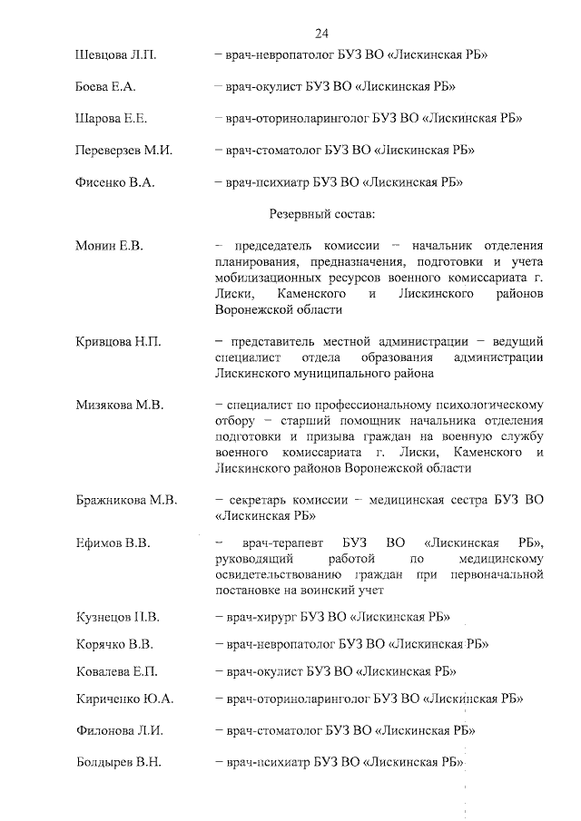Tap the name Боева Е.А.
pos(105,87)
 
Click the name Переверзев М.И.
pos(123,151)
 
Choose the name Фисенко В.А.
pos(114,182)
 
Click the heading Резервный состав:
pos(321,214)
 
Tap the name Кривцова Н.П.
pos(118,341)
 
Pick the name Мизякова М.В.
pos(120,406)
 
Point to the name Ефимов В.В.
pos(112,543)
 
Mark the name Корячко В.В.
pos(113,645)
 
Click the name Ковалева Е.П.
pos(116,672)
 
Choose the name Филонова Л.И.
pos(118,730)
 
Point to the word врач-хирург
pos(261,619)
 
